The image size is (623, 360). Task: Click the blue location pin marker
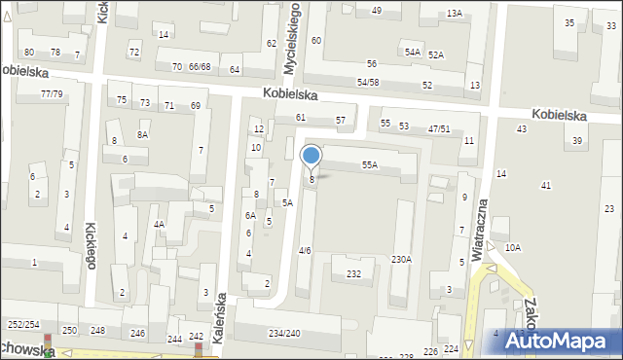pyautogui.click(x=311, y=157)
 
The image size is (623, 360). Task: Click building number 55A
pyautogui.click(x=370, y=166)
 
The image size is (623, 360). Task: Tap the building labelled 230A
pyautogui.click(x=401, y=260)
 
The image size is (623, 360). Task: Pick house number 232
pyautogui.click(x=353, y=274)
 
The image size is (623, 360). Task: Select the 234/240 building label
pyautogui.click(x=284, y=334)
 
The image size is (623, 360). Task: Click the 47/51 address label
pyautogui.click(x=439, y=128)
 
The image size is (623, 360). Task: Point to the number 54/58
pyautogui.click(x=368, y=83)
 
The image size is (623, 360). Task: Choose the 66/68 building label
pyautogui.click(x=200, y=67)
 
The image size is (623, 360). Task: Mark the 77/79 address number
pyautogui.click(x=52, y=94)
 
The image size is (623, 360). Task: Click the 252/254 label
pyautogui.click(x=23, y=324)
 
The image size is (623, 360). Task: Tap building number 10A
pyautogui.click(x=512, y=248)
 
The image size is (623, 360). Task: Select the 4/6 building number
pyautogui.click(x=305, y=251)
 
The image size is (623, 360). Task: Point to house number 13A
pyautogui.click(x=455, y=14)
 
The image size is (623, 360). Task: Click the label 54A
pyautogui.click(x=413, y=52)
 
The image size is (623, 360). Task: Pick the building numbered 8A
pyautogui.click(x=142, y=135)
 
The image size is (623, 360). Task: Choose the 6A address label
pyautogui.click(x=250, y=216)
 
